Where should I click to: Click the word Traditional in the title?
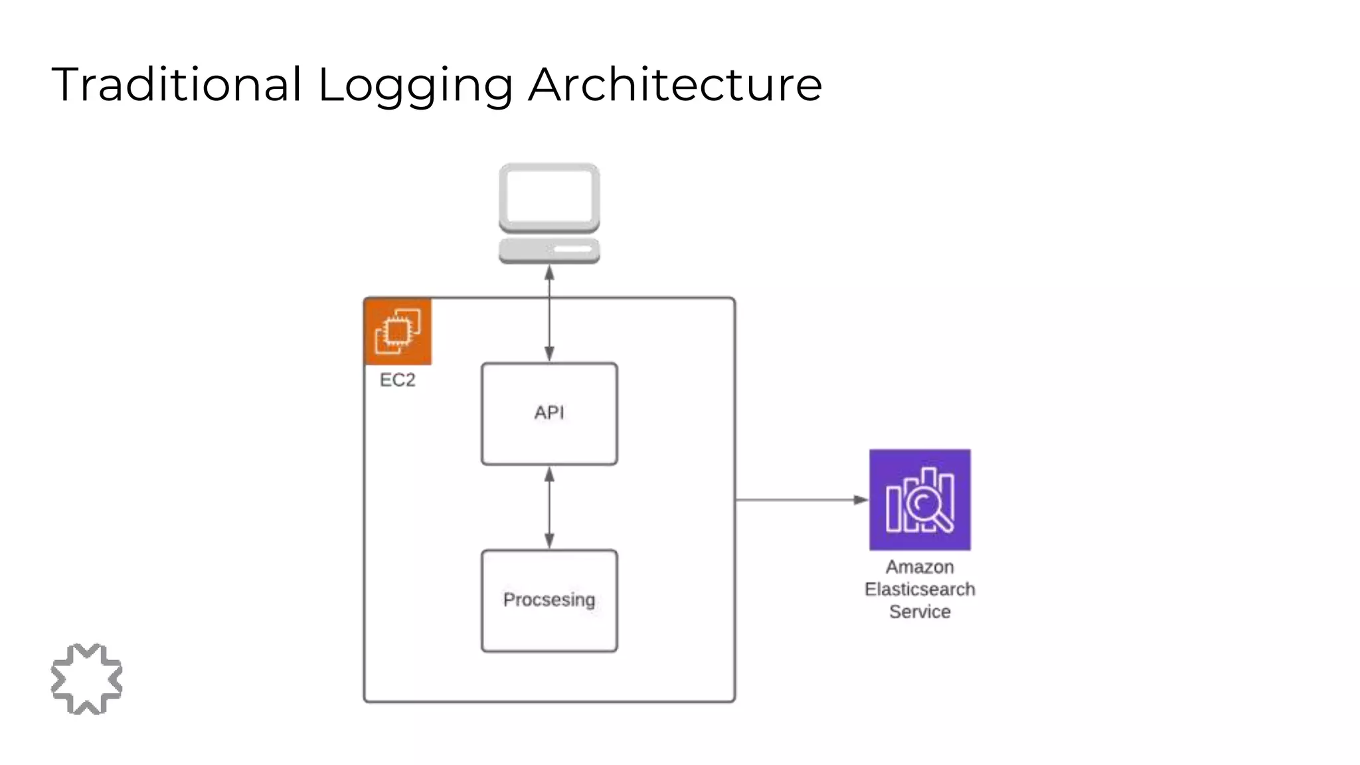(176, 85)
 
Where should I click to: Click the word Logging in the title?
(415, 85)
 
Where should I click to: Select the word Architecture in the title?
(675, 85)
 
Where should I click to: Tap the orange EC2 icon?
(398, 331)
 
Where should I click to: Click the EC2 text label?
(397, 380)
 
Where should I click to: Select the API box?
(549, 413)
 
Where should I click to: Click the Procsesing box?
(549, 600)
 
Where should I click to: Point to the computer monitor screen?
(549, 196)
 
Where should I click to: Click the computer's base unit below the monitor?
(549, 250)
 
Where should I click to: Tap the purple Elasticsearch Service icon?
(920, 499)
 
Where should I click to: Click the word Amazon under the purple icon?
(920, 567)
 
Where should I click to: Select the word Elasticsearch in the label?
(920, 589)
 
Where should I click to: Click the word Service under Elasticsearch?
(920, 612)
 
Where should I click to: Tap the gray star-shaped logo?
(86, 679)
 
